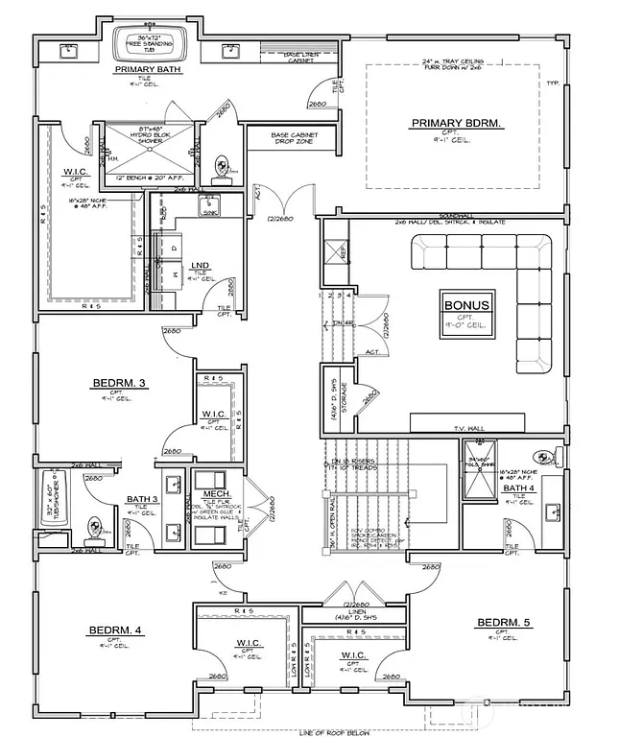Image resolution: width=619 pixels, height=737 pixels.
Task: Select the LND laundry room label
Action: pyautogui.click(x=201, y=265)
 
